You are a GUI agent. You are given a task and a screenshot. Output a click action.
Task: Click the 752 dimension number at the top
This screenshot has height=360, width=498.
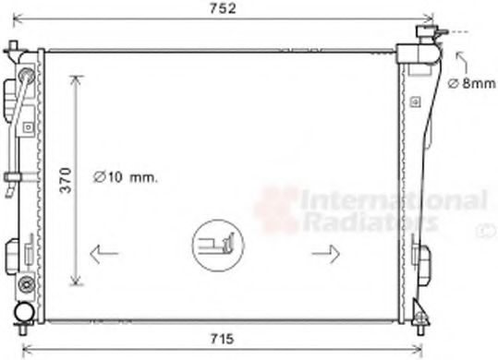(x=221, y=9)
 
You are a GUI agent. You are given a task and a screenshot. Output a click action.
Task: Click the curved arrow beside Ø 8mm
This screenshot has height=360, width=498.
(x=458, y=60)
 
